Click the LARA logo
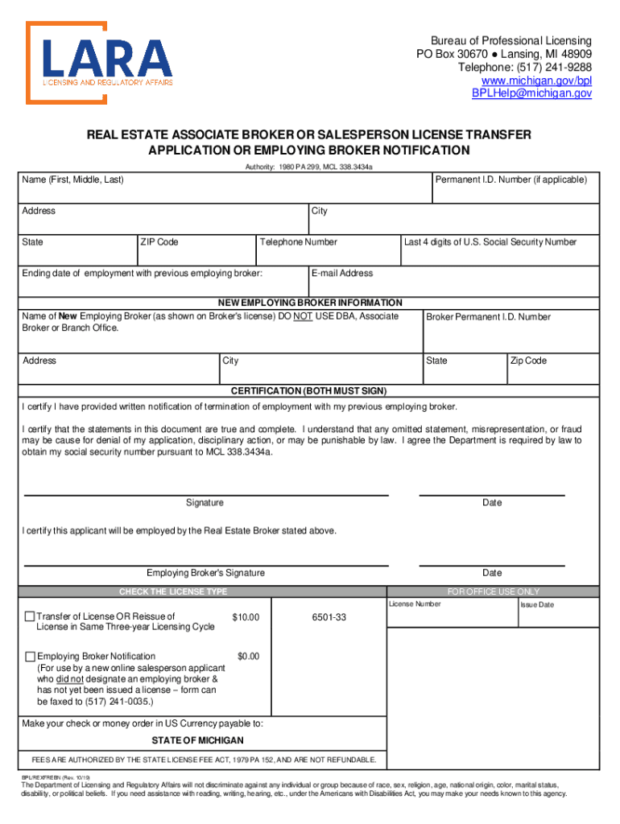coord(100,62)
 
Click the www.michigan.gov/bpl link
coord(536,80)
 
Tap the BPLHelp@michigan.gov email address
coord(531,93)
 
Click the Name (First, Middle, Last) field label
coord(72,179)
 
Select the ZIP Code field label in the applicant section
coord(159,242)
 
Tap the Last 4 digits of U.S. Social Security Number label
coord(490,242)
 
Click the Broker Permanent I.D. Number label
coord(488,317)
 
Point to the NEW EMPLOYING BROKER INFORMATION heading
coord(310,303)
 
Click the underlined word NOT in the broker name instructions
coord(303,316)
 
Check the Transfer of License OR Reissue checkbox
coord(30,617)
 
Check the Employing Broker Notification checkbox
coord(30,657)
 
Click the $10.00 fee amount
coord(246,617)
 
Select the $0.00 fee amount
coord(248,657)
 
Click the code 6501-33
coord(329,617)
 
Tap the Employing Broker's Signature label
coord(205,573)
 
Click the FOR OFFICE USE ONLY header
coord(494,591)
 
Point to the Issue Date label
coord(537,605)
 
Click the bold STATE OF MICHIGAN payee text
coord(197,740)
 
